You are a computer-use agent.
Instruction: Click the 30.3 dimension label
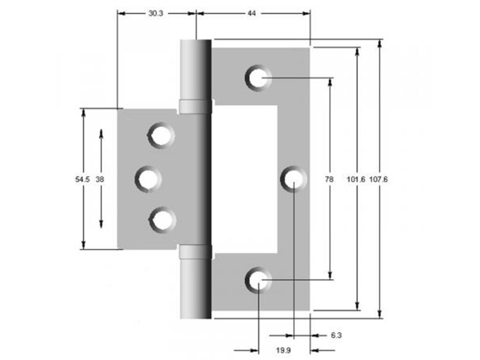tap(156, 14)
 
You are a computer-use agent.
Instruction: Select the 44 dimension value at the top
tap(252, 14)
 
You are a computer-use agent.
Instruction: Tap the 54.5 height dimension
tap(82, 179)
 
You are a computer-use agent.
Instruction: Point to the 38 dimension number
tap(100, 179)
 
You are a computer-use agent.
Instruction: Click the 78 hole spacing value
tap(330, 179)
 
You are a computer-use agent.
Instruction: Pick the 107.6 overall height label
tap(379, 179)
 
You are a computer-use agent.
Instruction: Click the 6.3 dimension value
tap(336, 335)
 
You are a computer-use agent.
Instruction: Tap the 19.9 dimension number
tap(283, 350)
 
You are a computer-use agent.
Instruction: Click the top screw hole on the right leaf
tap(258, 77)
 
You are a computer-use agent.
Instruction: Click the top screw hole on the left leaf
tap(161, 135)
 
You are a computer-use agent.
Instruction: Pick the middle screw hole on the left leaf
tap(148, 179)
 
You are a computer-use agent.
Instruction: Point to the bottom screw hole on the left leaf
tap(162, 219)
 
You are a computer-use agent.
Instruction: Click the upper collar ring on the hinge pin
tap(195, 107)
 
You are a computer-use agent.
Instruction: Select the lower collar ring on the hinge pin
tap(195, 252)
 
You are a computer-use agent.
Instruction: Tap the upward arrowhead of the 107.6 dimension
tap(379, 44)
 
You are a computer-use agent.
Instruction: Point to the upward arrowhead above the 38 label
tap(101, 133)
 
